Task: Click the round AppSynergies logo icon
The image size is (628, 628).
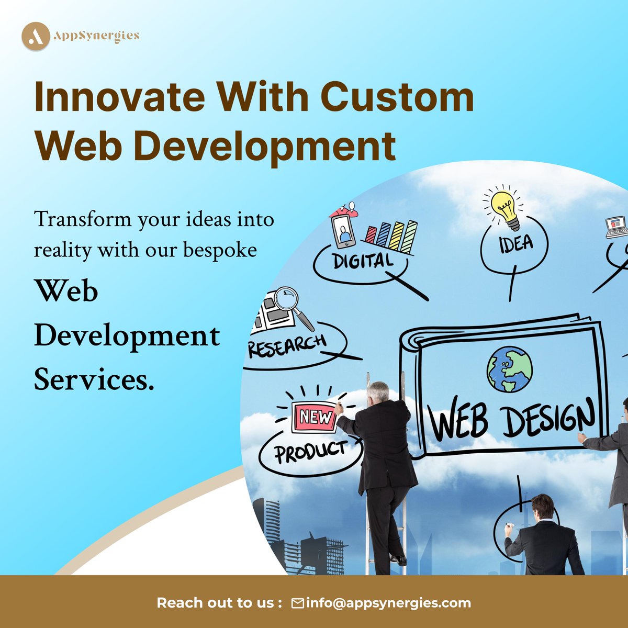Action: point(36,36)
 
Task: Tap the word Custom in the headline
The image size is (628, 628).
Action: point(397,97)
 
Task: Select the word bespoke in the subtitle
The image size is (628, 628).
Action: point(220,250)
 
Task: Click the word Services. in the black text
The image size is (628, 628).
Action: point(94,380)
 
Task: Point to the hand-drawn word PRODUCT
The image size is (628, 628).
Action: point(311,452)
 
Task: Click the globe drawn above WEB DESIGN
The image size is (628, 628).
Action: point(509,369)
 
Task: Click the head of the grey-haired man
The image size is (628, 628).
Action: point(378,392)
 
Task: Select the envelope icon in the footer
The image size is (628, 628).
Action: point(297,603)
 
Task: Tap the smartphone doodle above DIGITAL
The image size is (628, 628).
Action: point(343,230)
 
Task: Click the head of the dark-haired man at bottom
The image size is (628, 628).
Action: point(542,507)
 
